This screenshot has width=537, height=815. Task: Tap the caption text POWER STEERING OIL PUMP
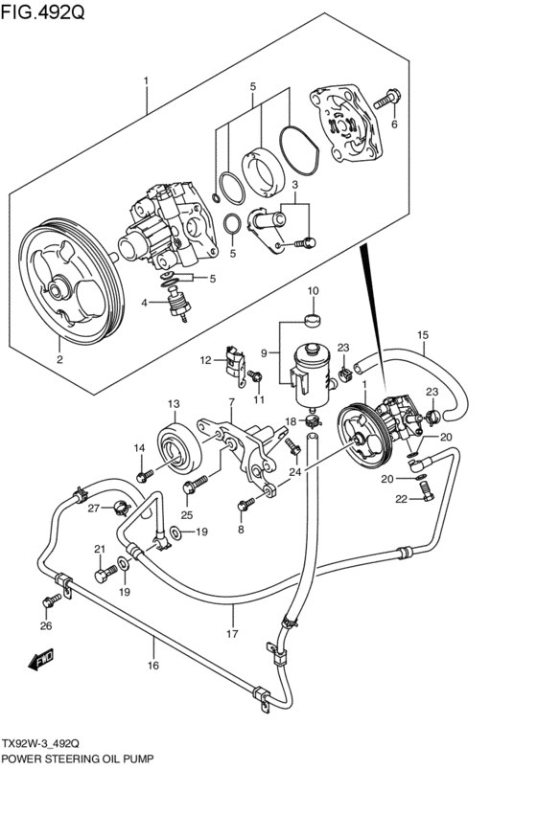click(x=78, y=758)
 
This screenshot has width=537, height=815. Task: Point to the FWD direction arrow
click(x=40, y=660)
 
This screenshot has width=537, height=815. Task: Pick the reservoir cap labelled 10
click(x=313, y=318)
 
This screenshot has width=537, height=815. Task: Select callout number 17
click(x=231, y=633)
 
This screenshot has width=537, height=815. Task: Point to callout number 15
click(x=421, y=334)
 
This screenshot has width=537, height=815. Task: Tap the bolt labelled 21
click(x=103, y=575)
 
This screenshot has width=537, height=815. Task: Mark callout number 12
click(x=204, y=360)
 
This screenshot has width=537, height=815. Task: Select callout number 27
click(x=94, y=509)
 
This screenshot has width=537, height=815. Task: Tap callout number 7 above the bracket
click(x=230, y=401)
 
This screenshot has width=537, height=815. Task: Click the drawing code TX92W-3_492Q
click(x=47, y=743)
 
